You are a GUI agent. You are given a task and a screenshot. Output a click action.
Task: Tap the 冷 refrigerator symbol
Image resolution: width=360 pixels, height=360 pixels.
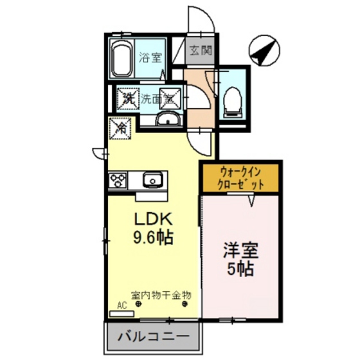click(x=121, y=128)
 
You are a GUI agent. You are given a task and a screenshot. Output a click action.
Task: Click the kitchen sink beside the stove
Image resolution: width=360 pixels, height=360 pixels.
click(x=153, y=180)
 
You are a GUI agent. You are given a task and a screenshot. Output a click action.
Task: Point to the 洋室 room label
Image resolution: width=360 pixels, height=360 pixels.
click(x=240, y=249)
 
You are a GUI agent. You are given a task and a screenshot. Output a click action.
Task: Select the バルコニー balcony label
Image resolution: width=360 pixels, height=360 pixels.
click(x=153, y=336)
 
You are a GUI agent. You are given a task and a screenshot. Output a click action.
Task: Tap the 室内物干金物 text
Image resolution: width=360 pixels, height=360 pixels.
click(x=161, y=294)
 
